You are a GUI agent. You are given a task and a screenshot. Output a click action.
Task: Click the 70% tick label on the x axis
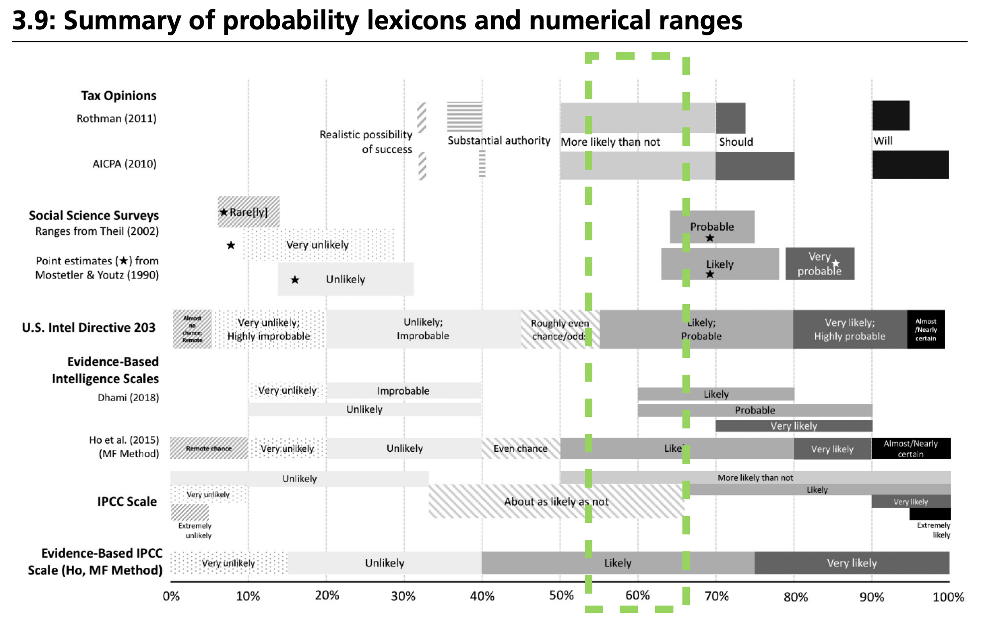[716, 596]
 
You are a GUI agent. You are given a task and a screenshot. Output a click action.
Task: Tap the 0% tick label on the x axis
[171, 596]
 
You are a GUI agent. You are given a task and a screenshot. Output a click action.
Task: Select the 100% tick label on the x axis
[948, 597]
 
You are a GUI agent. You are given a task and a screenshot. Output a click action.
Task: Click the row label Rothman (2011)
[116, 118]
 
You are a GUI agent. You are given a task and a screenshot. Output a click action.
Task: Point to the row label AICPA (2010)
[124, 164]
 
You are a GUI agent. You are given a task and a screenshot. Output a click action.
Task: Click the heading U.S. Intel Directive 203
[89, 327]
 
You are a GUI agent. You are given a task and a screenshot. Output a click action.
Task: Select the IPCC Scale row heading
[127, 502]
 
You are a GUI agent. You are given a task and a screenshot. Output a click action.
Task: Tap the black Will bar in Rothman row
[890, 115]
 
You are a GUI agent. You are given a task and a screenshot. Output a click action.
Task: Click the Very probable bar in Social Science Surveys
[819, 264]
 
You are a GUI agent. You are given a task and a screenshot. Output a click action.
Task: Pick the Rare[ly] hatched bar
[248, 212]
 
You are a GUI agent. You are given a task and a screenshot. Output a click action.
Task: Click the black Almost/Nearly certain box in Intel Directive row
[925, 329]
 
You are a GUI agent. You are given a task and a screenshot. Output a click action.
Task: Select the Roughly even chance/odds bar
[560, 329]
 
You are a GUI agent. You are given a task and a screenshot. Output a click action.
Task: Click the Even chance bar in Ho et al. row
[520, 448]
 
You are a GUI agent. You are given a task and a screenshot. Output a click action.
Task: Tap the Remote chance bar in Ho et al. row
[209, 448]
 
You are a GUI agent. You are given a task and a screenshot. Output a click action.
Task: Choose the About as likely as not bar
[556, 502]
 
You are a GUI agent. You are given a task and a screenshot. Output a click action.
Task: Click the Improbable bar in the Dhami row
[403, 391]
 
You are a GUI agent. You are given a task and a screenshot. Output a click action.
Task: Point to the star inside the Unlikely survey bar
[295, 280]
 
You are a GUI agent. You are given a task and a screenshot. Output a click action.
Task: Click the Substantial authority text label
[499, 141]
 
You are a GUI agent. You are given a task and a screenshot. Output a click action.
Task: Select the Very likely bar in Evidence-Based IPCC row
[851, 563]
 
